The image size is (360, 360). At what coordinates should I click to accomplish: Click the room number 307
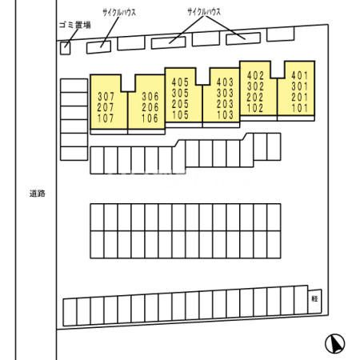point(106,96)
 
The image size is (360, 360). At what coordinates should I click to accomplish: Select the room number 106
point(150,118)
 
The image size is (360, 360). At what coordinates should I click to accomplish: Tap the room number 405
point(180,82)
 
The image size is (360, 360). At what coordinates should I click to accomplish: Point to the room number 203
point(225,104)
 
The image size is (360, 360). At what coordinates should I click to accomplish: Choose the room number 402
point(255,76)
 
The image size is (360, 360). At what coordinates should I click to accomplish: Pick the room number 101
point(300,108)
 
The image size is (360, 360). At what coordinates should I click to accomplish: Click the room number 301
point(300,86)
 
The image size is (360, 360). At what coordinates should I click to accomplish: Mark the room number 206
point(150,107)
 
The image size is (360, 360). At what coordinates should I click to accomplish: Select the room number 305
point(180,93)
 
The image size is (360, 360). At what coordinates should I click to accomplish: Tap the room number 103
point(225,114)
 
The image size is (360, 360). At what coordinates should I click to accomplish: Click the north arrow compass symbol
point(335,344)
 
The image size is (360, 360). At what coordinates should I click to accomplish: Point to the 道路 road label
point(38,194)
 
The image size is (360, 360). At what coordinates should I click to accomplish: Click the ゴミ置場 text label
point(75,25)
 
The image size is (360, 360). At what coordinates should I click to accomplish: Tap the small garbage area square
point(65,48)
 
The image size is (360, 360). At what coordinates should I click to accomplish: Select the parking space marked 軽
point(314,302)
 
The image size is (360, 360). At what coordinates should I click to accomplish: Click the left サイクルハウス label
point(119,12)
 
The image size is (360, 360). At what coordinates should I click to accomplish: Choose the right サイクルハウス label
point(204,12)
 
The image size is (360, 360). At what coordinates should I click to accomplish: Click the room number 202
point(255,98)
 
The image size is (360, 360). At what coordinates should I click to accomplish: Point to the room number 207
point(106,107)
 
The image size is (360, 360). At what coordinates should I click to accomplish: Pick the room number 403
point(225,82)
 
